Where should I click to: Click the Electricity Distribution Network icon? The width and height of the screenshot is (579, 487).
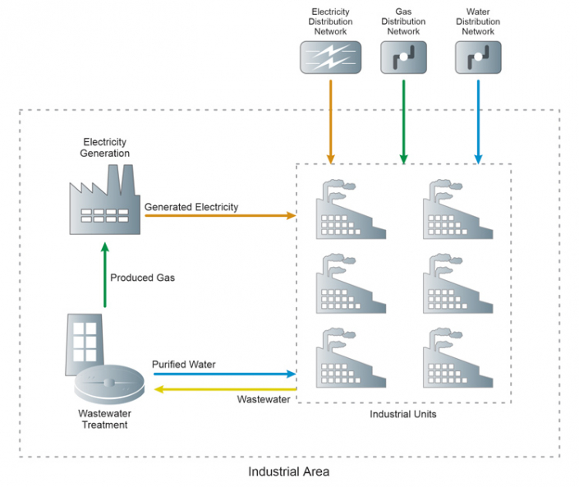330,57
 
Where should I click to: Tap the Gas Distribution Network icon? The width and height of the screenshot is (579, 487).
403,57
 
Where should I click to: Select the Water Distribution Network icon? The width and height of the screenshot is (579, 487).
478,57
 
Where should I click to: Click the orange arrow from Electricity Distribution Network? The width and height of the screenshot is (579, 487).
330,122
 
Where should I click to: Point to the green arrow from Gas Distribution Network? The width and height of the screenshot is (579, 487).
403,122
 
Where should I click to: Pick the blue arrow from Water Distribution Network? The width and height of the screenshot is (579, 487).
478,122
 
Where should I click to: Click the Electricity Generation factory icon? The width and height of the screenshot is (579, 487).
105,200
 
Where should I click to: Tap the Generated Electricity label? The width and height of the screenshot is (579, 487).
191,207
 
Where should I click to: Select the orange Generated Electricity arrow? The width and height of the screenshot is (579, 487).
220,215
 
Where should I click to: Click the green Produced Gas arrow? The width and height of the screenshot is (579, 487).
105,275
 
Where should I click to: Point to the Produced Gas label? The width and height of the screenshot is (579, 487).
143,278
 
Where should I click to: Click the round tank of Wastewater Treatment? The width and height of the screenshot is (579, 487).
109,384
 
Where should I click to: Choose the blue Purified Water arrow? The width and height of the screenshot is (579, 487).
225,374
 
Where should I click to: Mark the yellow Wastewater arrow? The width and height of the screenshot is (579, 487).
225,389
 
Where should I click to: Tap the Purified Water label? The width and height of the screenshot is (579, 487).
183,365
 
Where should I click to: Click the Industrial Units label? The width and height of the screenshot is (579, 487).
403,414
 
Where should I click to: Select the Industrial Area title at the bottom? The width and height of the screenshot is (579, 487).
289,471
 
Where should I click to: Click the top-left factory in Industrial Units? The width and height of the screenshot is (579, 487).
351,209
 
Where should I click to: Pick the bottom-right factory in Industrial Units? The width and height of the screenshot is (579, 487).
458,358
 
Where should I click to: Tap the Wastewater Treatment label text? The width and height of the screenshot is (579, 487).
105,419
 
